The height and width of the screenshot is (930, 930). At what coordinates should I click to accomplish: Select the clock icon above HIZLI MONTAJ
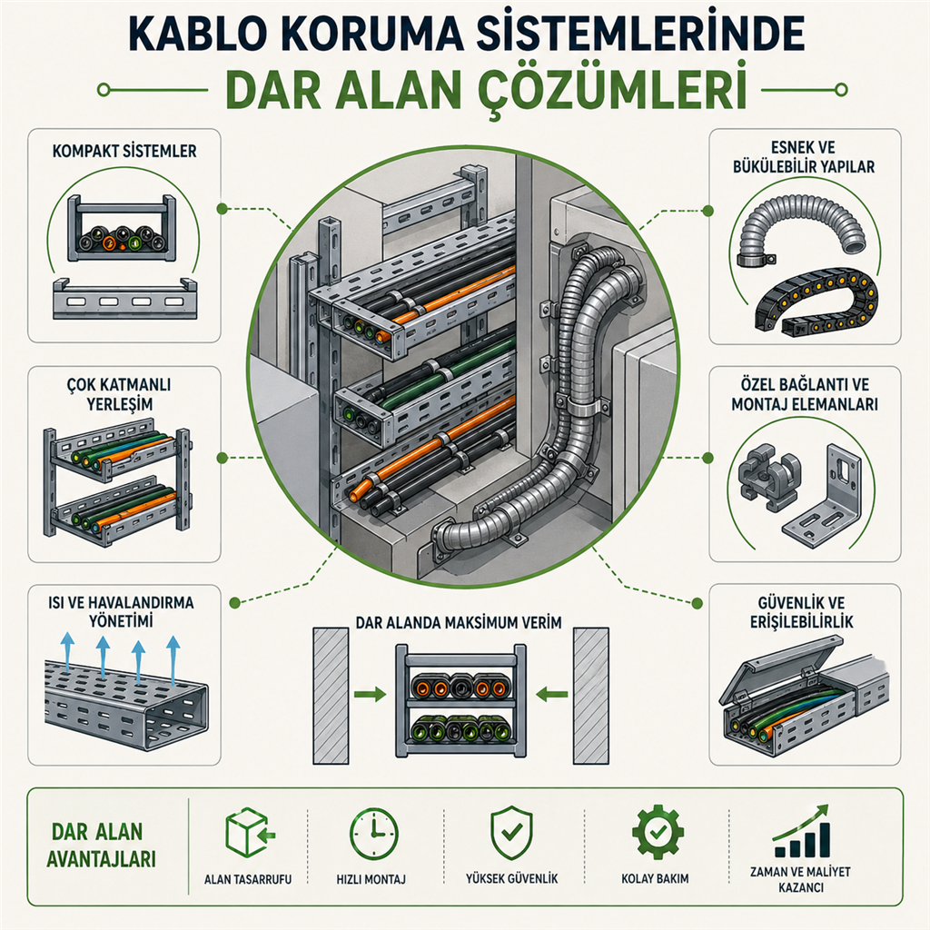click(x=373, y=832)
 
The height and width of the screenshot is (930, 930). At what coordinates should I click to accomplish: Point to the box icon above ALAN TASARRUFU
click(x=247, y=832)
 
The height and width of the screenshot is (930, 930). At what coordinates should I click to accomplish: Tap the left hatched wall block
click(x=330, y=696)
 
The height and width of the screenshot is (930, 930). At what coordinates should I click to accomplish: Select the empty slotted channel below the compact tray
click(x=124, y=300)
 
